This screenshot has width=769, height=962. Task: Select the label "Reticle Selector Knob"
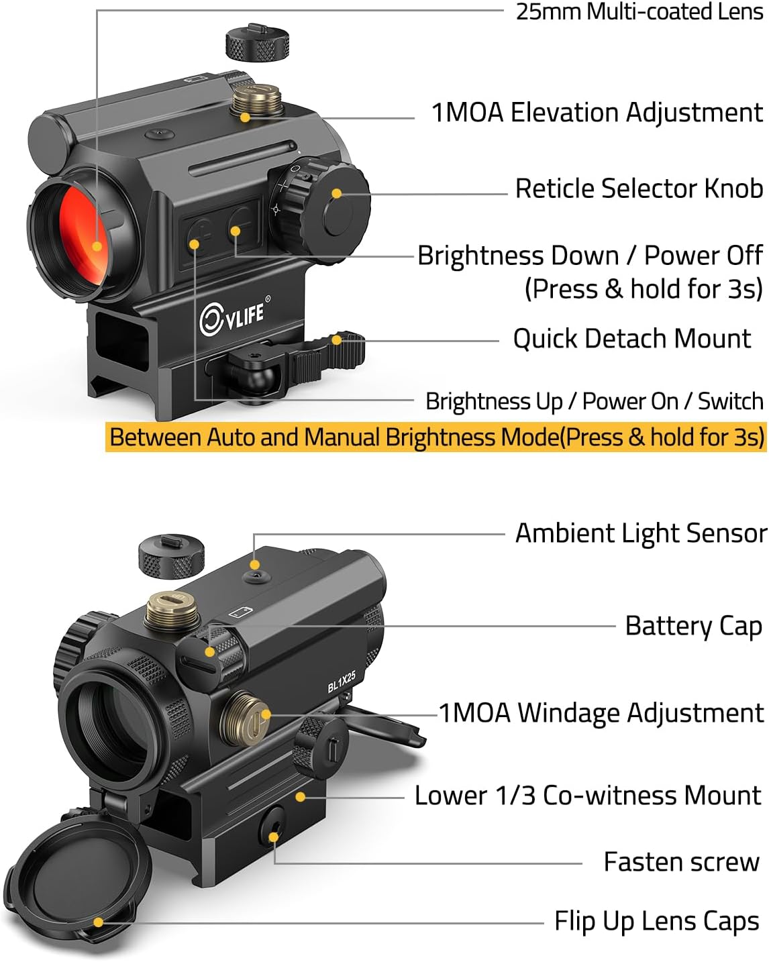pos(638,189)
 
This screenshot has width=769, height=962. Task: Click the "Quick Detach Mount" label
pos(631,339)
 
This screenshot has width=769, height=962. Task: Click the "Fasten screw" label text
pos(681,862)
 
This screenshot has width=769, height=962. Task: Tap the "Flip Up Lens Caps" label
pos(656,922)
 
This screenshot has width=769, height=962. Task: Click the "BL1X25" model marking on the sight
pos(342,682)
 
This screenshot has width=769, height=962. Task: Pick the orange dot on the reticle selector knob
pos(337,194)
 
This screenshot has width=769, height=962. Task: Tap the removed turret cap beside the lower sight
pos(172,556)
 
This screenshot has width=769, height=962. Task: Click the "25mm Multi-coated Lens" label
pos(638,12)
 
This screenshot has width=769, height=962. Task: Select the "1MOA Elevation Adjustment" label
pos(597,113)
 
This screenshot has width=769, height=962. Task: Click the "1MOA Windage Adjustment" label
pos(601,712)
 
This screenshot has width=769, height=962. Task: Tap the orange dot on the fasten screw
pos(274,837)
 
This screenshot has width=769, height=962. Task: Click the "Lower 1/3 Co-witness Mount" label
pos(587,796)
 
